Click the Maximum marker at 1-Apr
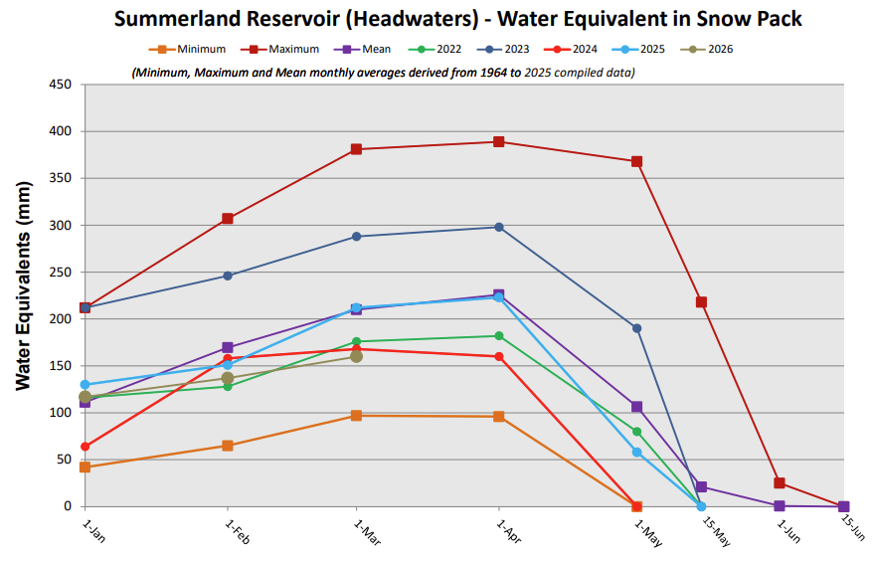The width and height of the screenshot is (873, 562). (498, 141)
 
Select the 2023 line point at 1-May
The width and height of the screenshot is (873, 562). (637, 328)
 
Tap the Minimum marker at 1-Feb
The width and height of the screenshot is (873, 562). (228, 446)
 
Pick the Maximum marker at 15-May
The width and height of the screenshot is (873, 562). (702, 302)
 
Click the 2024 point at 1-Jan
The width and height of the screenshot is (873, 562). (85, 447)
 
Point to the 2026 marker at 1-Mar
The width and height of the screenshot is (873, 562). (356, 356)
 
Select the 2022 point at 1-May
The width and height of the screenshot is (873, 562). (637, 432)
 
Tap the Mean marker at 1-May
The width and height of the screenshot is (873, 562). (637, 407)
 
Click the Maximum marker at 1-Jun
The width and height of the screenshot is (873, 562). (780, 483)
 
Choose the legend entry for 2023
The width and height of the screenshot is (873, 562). (510, 49)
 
